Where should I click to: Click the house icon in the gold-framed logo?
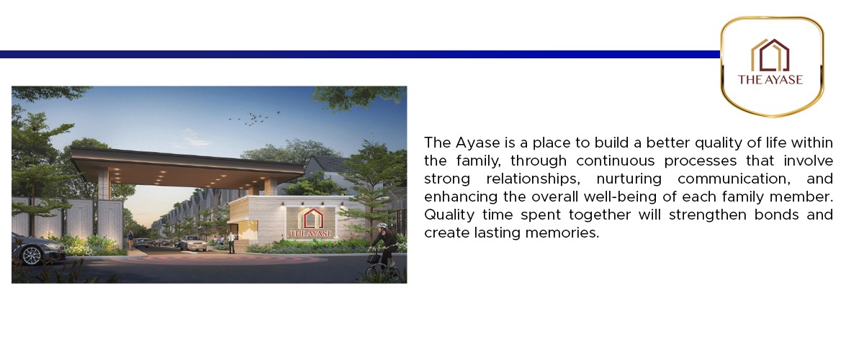point(770,55)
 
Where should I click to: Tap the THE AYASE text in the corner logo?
point(770,79)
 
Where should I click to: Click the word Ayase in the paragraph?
point(477,143)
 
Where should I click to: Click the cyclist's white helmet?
point(382,225)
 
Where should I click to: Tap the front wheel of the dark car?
point(32,255)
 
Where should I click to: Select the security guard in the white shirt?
point(231,243)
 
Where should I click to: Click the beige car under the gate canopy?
point(192,243)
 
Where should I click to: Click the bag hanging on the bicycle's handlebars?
point(372,258)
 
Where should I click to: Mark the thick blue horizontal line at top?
point(360,55)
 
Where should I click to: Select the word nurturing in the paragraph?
point(629,179)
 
